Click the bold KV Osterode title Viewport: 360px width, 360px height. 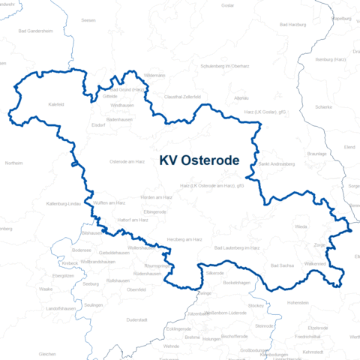coord(199,160)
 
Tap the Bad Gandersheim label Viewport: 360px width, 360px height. coord(36,31)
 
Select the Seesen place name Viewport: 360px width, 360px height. coord(88,21)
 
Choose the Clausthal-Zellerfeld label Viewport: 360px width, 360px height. coord(182,97)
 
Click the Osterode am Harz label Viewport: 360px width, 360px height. coord(127,161)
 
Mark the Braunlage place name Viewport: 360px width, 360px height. coord(339,153)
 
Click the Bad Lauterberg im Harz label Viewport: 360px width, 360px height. coord(237,247)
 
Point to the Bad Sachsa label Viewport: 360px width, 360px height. coord(282,265)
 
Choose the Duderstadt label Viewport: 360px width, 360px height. coord(136,319)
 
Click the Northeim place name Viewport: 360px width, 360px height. coord(13,162)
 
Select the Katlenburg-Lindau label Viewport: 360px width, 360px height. coord(63,203)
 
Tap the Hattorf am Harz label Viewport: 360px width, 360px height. coord(133,220)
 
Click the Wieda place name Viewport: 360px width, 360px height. coord(301,226)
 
